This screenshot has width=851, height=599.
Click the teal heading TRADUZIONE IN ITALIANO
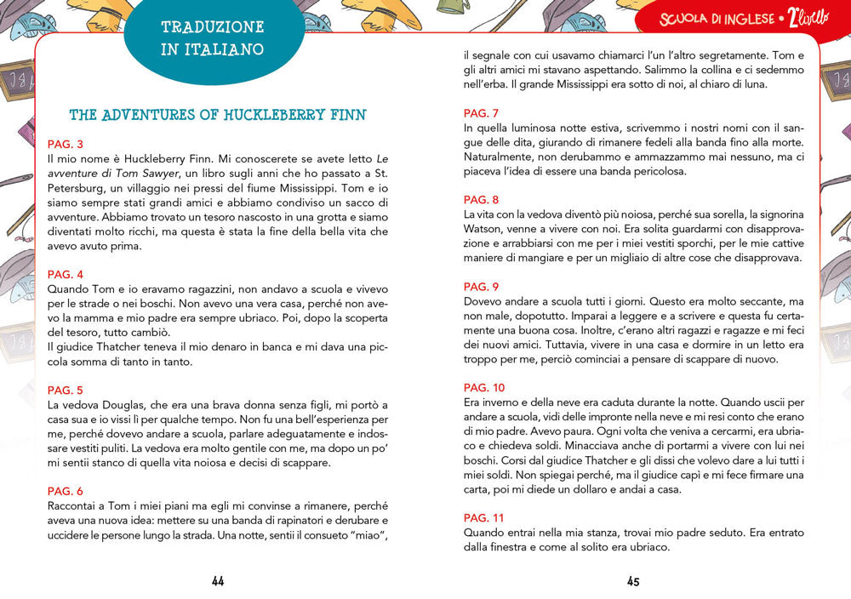click(x=213, y=38)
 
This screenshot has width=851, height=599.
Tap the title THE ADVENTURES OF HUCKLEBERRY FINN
click(x=218, y=115)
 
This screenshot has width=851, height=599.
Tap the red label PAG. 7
click(x=481, y=113)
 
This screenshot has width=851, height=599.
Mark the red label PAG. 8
click(x=481, y=200)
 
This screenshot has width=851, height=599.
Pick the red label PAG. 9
click(x=481, y=287)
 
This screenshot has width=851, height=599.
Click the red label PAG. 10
click(x=484, y=388)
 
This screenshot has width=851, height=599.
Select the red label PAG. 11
click(x=484, y=517)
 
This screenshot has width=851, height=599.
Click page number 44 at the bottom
click(x=218, y=581)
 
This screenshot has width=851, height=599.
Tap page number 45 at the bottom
click(x=633, y=581)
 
